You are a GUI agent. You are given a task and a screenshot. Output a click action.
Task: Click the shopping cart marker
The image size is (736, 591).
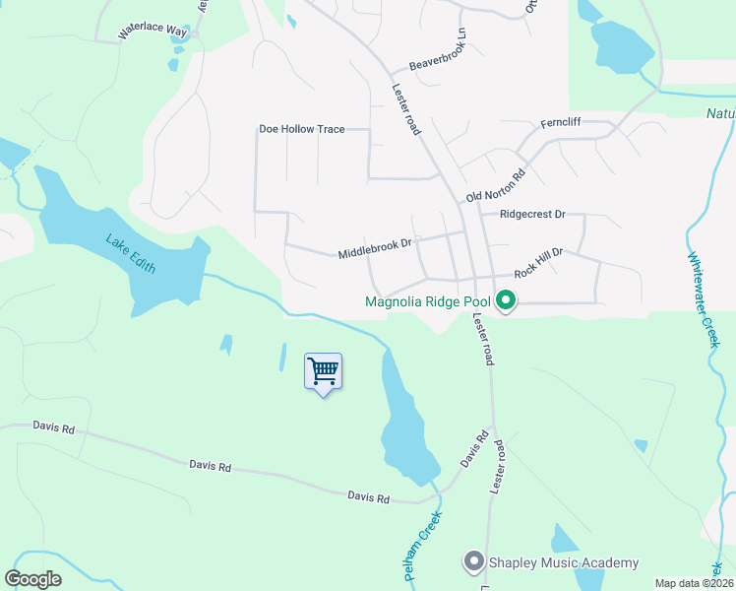coord(323,372)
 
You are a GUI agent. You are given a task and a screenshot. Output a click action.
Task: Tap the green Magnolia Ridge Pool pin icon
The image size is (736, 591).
coord(506,300)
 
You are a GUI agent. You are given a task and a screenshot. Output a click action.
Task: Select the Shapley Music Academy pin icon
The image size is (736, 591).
coord(474,562)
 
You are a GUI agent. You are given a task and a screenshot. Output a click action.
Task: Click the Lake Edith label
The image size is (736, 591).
coord(132,253)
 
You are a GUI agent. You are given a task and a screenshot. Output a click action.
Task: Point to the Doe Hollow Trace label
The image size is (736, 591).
coord(301,129)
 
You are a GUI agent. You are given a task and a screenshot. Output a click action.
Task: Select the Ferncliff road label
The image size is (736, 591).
coord(564,124)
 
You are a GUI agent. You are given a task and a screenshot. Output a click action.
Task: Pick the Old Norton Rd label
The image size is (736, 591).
coord(497,184)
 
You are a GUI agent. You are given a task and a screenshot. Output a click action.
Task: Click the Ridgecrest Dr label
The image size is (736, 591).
coord(532,213)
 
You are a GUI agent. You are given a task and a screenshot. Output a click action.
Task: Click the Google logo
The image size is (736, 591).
coord(33,578)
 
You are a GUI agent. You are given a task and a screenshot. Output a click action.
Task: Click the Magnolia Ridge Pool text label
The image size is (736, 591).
coord(428,302)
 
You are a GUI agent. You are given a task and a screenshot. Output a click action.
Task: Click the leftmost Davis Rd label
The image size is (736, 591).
coord(53,427)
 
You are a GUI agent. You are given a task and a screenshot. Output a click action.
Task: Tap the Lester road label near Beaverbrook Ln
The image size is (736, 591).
coord(406,108)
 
